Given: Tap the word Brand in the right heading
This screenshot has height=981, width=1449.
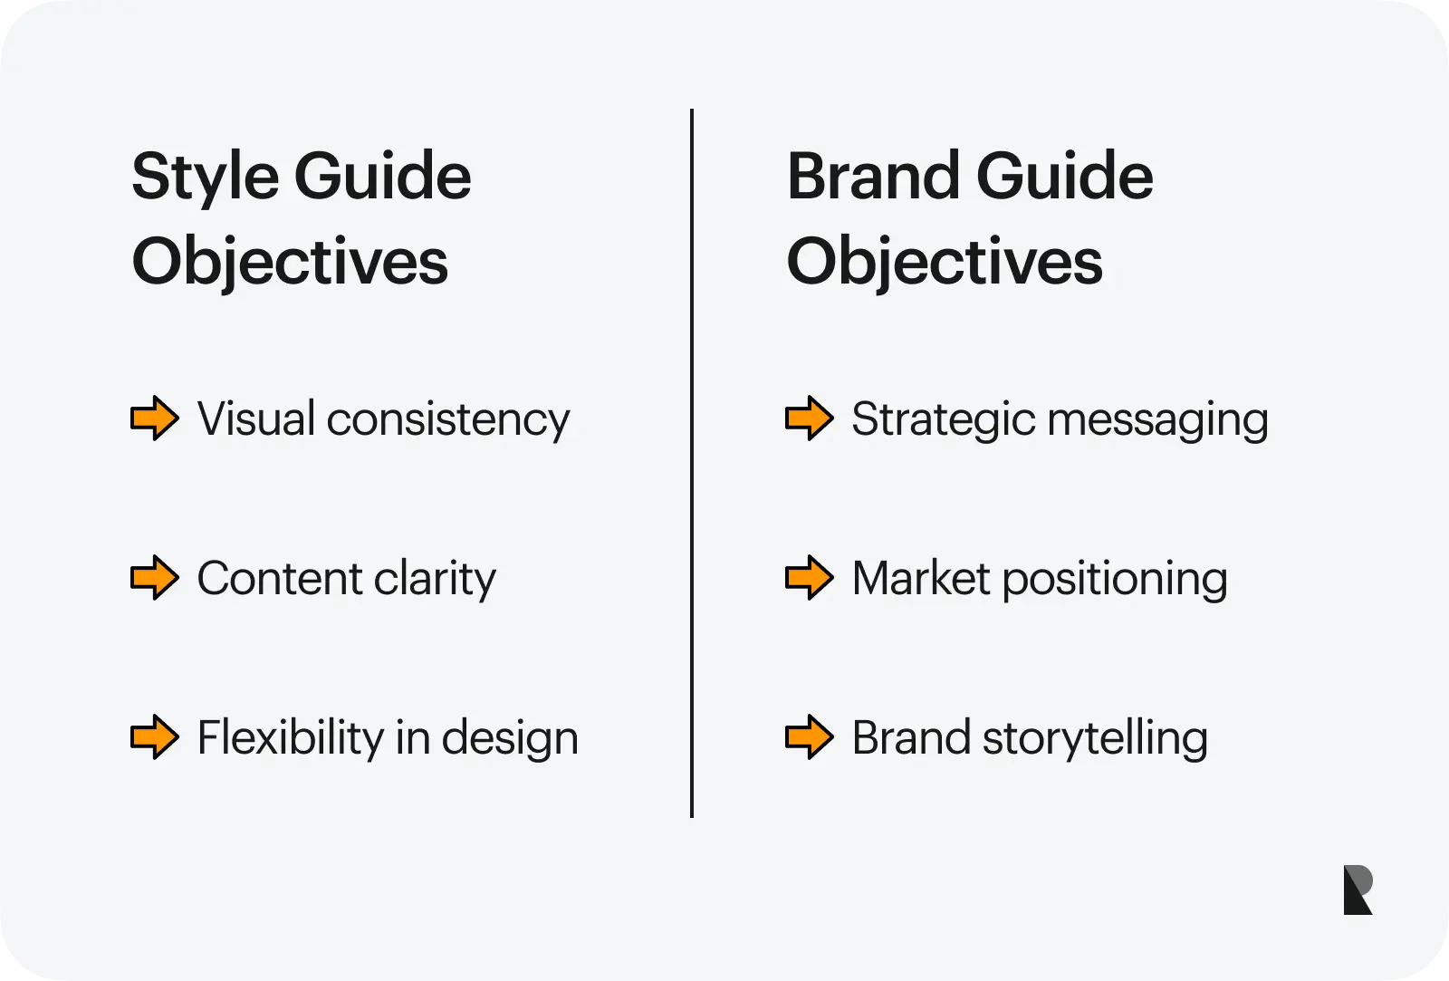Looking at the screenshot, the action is [x=873, y=176].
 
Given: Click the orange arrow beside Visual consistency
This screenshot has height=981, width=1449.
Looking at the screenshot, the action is [x=155, y=418].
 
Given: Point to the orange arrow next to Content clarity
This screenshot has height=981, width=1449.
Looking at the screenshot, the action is [x=155, y=577].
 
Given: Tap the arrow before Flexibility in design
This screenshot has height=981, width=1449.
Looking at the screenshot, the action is [x=155, y=736].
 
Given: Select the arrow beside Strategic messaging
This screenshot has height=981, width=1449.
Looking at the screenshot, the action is [x=810, y=418].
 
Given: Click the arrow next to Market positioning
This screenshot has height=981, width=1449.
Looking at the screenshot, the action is [x=810, y=577].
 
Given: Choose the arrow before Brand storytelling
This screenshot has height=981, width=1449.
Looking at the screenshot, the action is [x=810, y=736].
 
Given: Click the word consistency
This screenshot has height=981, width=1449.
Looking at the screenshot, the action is [x=448, y=420].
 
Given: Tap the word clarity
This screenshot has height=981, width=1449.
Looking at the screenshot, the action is [x=435, y=579].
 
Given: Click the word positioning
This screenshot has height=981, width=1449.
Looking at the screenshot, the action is [x=1115, y=580].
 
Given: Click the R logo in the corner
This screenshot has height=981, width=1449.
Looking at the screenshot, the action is [x=1358, y=890].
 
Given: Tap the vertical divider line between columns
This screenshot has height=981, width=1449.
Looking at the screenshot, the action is [x=692, y=463].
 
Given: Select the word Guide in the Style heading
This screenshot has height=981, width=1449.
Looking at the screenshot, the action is [x=383, y=176].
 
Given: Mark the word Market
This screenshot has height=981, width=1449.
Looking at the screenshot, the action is [x=921, y=578].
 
